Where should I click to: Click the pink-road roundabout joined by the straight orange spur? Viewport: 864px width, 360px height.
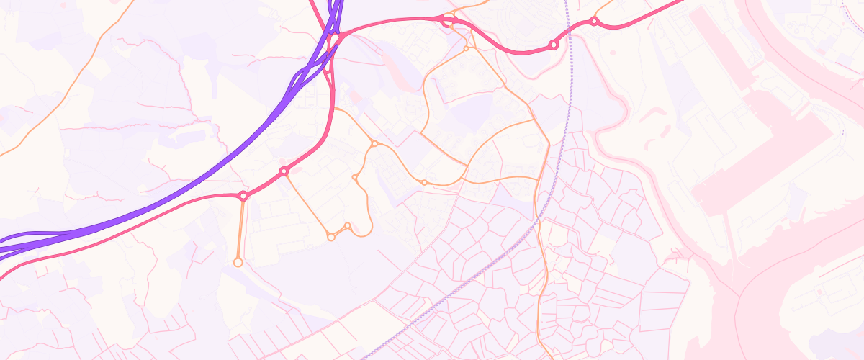243,196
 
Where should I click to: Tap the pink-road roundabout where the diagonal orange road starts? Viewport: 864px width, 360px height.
284,171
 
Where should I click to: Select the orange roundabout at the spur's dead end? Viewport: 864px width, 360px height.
238,263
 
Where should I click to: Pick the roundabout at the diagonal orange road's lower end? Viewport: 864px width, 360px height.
331,237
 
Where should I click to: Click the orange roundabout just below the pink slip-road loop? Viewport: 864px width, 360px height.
466,48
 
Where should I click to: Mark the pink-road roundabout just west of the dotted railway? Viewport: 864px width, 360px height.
553,45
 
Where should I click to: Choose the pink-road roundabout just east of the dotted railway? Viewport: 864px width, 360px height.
594,22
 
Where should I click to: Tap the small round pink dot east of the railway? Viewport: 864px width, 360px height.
613,53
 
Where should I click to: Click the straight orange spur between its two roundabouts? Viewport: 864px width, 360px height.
240,229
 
